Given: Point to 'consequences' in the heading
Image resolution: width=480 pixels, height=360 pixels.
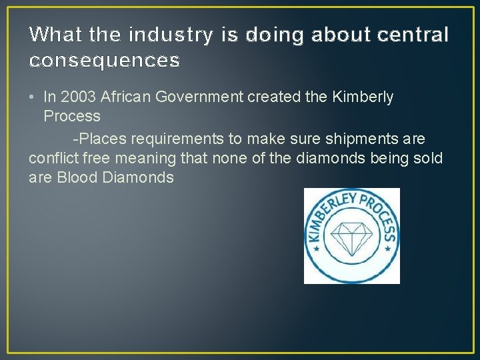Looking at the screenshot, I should (x=105, y=61).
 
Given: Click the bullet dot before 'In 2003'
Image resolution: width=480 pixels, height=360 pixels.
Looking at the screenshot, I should (x=33, y=97).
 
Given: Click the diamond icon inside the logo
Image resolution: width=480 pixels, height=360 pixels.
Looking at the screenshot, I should (x=351, y=237).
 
